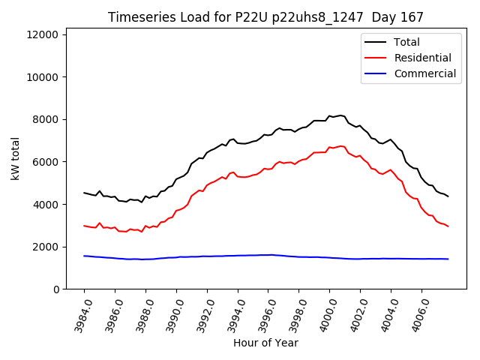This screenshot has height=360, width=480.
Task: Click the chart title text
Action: point(265,17)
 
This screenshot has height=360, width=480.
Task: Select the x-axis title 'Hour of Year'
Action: point(265,343)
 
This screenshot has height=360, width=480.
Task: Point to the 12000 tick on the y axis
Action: point(45,34)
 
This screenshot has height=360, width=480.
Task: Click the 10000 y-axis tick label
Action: point(45,77)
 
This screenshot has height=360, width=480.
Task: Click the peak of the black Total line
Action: point(341,115)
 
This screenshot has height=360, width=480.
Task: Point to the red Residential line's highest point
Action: point(341,146)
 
